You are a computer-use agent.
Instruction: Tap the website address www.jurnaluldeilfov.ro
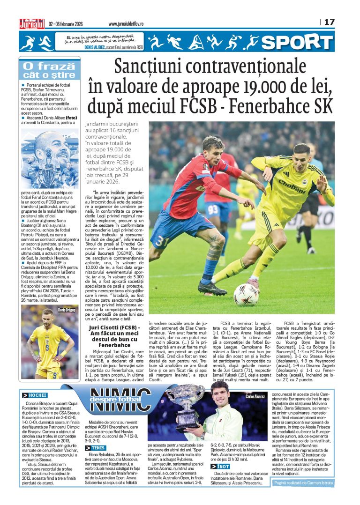tap(126, 23)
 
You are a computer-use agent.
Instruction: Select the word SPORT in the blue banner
tap(297, 43)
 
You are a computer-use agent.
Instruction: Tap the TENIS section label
tap(95, 448)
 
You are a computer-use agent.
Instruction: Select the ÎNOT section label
tap(223, 467)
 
